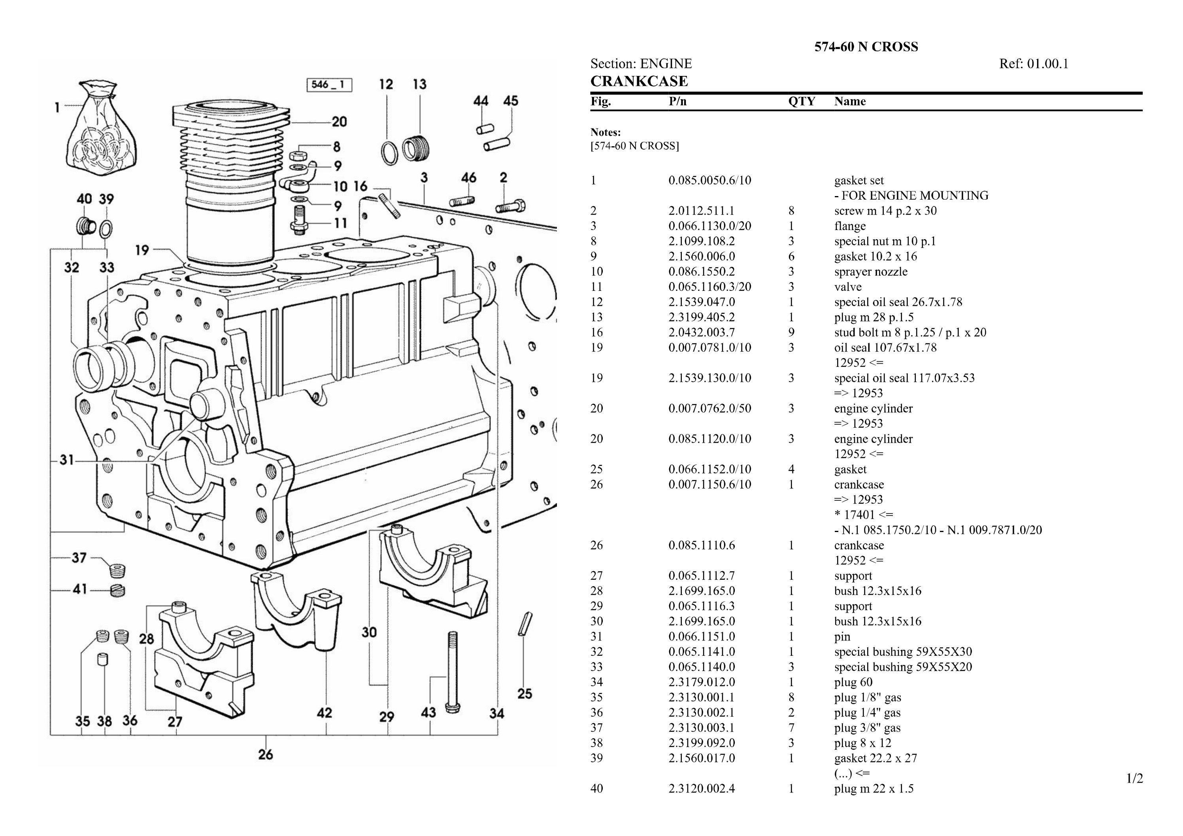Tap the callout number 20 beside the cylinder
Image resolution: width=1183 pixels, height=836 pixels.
pyautogui.click(x=339, y=122)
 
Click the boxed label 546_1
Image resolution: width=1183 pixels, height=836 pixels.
pyautogui.click(x=329, y=85)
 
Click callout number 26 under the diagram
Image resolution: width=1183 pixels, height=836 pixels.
pyautogui.click(x=265, y=755)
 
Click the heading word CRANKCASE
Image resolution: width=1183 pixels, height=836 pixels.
pyautogui.click(x=639, y=81)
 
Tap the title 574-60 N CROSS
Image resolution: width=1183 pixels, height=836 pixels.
pyautogui.click(x=866, y=47)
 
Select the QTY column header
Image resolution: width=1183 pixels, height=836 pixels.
pyautogui.click(x=801, y=102)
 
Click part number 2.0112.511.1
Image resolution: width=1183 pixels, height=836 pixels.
pyautogui.click(x=701, y=211)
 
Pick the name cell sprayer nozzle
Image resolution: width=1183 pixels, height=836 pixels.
pyautogui.click(x=871, y=272)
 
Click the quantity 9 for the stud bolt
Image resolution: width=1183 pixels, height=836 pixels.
pyautogui.click(x=791, y=332)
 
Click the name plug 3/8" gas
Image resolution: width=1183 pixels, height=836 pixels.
pyautogui.click(x=867, y=728)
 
